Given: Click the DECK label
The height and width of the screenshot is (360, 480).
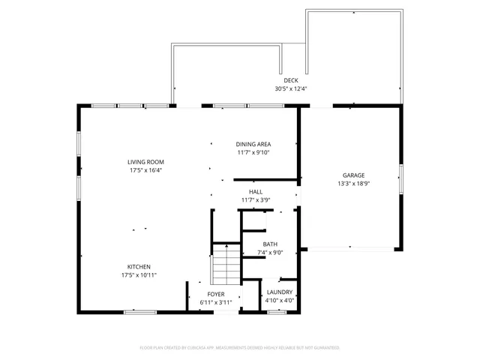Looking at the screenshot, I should click(291, 80).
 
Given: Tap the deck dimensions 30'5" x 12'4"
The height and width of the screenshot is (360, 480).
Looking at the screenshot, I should click(291, 88).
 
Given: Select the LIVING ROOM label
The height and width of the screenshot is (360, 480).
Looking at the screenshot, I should click(145, 162).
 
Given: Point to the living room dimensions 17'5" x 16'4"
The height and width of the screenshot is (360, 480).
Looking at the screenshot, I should click(145, 170).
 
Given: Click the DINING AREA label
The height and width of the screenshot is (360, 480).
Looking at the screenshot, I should click(253, 144).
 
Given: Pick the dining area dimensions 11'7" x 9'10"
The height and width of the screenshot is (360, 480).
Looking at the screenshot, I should click(253, 152).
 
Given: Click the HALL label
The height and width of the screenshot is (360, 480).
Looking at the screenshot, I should click(256, 192).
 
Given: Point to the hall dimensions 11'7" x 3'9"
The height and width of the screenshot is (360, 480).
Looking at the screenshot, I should click(256, 200).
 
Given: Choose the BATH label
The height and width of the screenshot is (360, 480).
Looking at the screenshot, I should click(270, 244).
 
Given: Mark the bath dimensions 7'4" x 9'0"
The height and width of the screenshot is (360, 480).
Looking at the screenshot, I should click(270, 253).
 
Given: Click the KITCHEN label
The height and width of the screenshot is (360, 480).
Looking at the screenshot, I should click(139, 267).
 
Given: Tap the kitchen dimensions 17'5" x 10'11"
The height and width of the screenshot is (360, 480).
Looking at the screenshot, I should click(139, 275).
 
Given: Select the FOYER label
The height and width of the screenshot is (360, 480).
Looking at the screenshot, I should click(216, 293).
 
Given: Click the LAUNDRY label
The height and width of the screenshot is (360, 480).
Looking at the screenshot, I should click(279, 292).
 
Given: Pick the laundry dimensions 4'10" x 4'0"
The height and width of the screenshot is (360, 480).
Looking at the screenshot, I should click(279, 301).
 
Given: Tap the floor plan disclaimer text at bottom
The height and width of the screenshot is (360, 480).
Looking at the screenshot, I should click(240, 348).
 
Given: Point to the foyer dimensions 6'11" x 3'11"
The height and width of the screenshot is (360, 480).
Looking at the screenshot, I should click(216, 301).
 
